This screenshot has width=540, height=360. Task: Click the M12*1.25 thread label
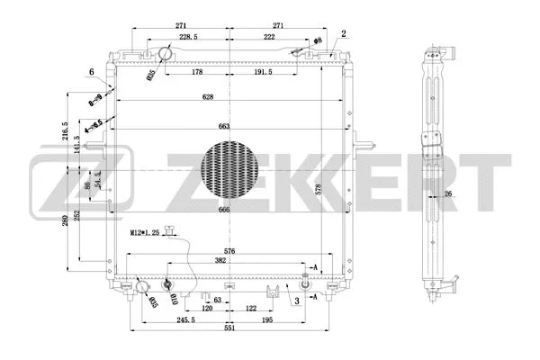click(x=145, y=232)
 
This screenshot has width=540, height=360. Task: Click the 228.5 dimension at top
click(x=188, y=36)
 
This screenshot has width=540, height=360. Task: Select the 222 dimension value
click(x=269, y=36)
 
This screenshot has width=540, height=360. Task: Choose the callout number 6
click(x=91, y=73)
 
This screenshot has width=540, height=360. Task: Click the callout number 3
click(x=296, y=302)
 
